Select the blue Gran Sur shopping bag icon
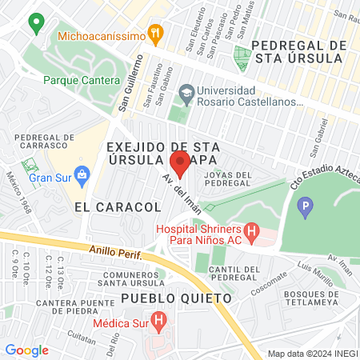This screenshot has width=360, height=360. (x=82, y=174)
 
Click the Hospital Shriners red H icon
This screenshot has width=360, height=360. (x=252, y=234)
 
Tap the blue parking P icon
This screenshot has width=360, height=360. (x=304, y=209)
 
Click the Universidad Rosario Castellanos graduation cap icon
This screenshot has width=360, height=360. (x=186, y=94)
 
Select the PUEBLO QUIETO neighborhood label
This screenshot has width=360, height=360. (x=176, y=298)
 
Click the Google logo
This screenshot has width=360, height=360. (x=27, y=350)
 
